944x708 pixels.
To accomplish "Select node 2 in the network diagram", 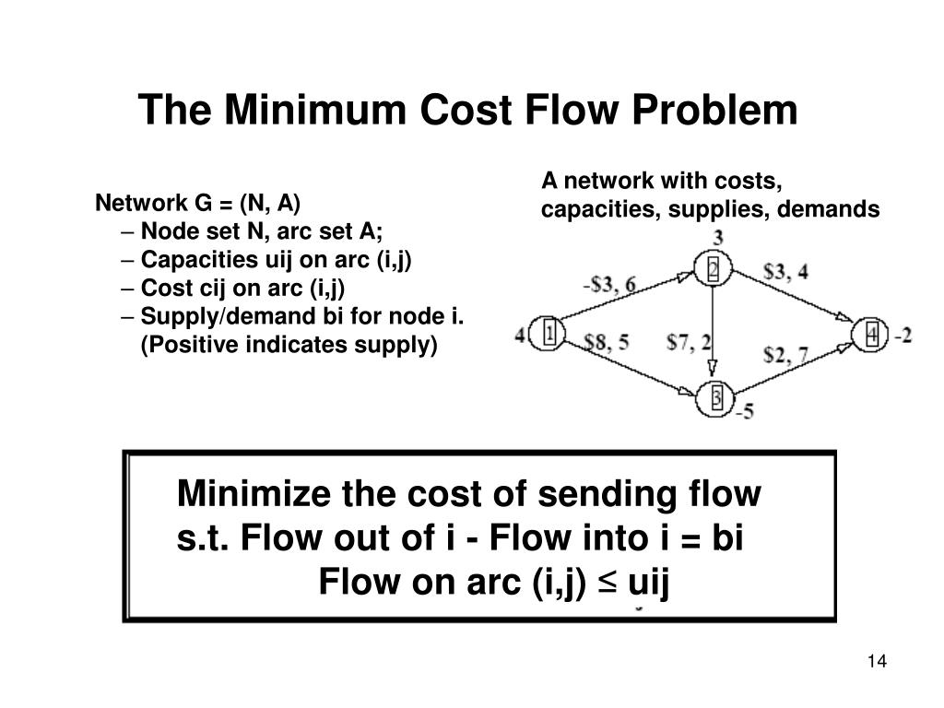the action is (x=714, y=270).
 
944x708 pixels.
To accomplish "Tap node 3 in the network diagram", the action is (x=716, y=399).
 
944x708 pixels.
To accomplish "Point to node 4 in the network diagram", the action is (x=871, y=335).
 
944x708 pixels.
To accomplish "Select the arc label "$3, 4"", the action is (x=786, y=272).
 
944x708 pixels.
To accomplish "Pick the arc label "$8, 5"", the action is (x=607, y=343).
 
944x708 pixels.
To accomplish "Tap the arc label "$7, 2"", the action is (x=688, y=343).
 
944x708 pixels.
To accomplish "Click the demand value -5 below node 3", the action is (x=743, y=412).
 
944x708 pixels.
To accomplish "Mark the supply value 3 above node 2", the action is (x=717, y=238).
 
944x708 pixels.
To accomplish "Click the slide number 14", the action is (x=876, y=662).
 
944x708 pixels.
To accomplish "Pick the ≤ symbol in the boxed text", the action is (x=610, y=584).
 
